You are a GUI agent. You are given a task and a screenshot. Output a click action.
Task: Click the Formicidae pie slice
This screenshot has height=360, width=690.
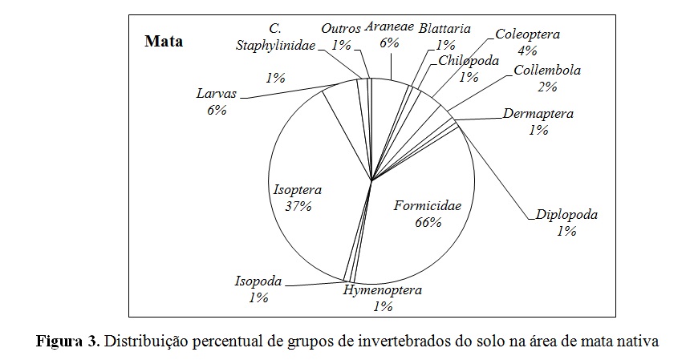point(425,241)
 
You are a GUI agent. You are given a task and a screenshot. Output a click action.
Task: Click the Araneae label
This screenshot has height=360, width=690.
point(389,26)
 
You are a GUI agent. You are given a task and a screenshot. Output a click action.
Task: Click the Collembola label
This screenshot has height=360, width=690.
point(546,70)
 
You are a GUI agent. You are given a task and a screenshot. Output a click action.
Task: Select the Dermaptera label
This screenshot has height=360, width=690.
point(538,113)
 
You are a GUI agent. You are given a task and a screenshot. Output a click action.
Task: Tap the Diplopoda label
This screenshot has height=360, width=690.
point(566,215)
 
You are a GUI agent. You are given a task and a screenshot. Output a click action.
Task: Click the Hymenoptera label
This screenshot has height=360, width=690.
point(382,290)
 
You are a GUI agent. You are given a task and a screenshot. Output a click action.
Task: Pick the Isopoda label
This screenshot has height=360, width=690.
point(258,281)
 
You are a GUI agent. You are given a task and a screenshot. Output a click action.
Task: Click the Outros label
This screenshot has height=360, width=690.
point(341,29)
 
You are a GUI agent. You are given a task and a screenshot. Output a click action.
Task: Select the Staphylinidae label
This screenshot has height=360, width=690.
point(275,45)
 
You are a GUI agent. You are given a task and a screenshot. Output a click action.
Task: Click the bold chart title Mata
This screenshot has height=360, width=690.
point(164,41)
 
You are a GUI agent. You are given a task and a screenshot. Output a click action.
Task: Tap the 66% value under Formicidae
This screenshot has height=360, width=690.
point(428,222)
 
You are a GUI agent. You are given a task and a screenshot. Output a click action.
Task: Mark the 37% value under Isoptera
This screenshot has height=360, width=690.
point(297,206)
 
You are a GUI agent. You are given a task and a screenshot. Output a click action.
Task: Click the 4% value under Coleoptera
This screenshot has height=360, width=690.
point(526,51)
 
